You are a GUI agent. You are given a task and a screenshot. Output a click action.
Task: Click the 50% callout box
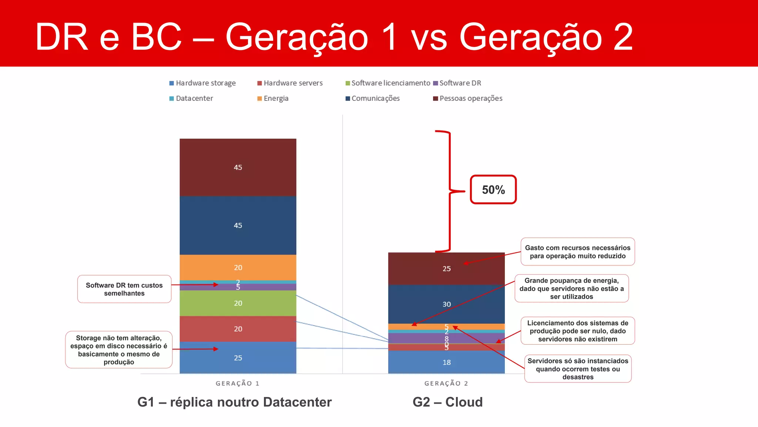(x=493, y=190)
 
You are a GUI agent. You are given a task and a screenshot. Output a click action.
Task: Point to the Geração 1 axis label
(x=238, y=383)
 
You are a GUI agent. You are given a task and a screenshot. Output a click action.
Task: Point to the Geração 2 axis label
(x=446, y=383)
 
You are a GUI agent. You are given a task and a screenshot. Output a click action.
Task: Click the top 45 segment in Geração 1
(x=238, y=168)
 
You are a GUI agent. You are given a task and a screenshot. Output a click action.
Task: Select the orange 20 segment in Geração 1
(x=238, y=268)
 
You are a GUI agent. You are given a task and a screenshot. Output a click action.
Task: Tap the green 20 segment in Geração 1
(x=238, y=303)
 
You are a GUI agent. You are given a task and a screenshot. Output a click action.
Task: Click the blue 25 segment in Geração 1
(x=238, y=358)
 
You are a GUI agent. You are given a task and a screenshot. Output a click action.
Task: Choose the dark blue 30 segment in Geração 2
(x=446, y=304)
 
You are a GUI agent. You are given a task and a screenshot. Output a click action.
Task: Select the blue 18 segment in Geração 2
(x=446, y=362)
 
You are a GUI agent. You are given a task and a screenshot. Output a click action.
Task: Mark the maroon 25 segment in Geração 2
(x=446, y=268)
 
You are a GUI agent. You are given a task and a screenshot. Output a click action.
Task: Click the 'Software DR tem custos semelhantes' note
(x=124, y=289)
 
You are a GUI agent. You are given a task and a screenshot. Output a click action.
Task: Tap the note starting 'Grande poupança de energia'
(x=571, y=288)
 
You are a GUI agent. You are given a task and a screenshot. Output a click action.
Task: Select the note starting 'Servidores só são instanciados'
(x=578, y=369)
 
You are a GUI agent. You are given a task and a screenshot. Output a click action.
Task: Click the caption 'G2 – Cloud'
(x=447, y=402)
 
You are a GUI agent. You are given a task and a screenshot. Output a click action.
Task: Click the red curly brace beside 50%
(x=449, y=191)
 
